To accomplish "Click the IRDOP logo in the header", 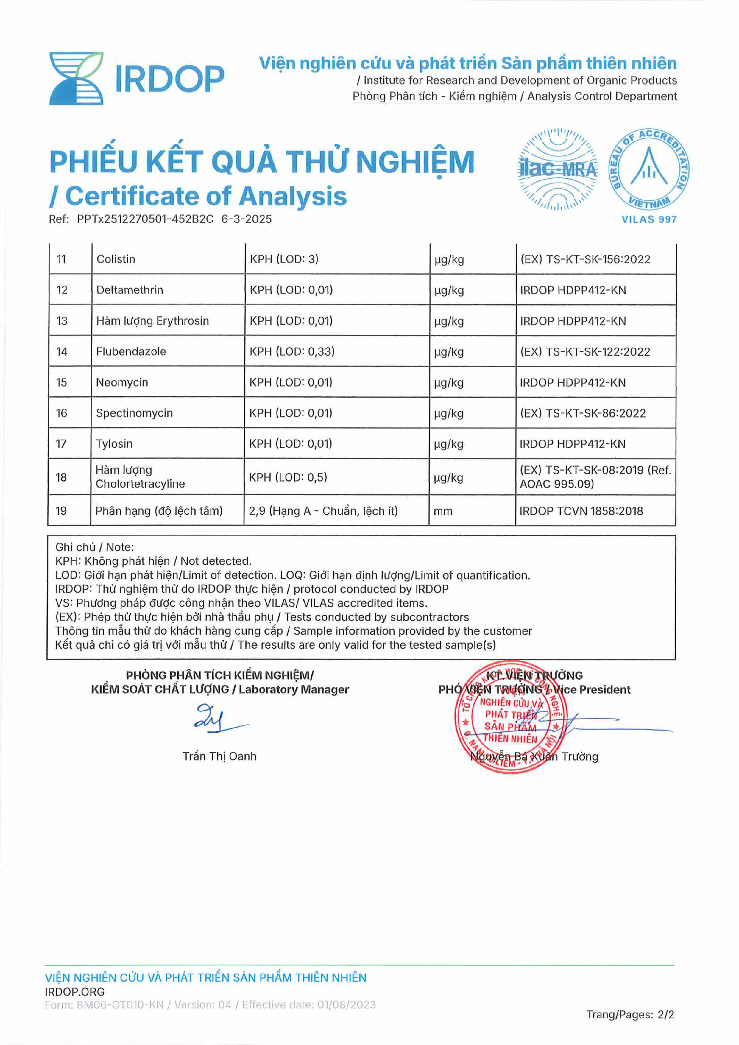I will click(136, 78).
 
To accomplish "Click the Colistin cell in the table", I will click(116, 259).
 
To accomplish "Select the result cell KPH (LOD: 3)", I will click(284, 259).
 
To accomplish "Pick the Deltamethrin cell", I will click(130, 290).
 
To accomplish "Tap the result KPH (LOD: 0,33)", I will click(292, 351).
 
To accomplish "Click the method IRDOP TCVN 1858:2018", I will click(581, 511).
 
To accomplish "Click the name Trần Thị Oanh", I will click(219, 756).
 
